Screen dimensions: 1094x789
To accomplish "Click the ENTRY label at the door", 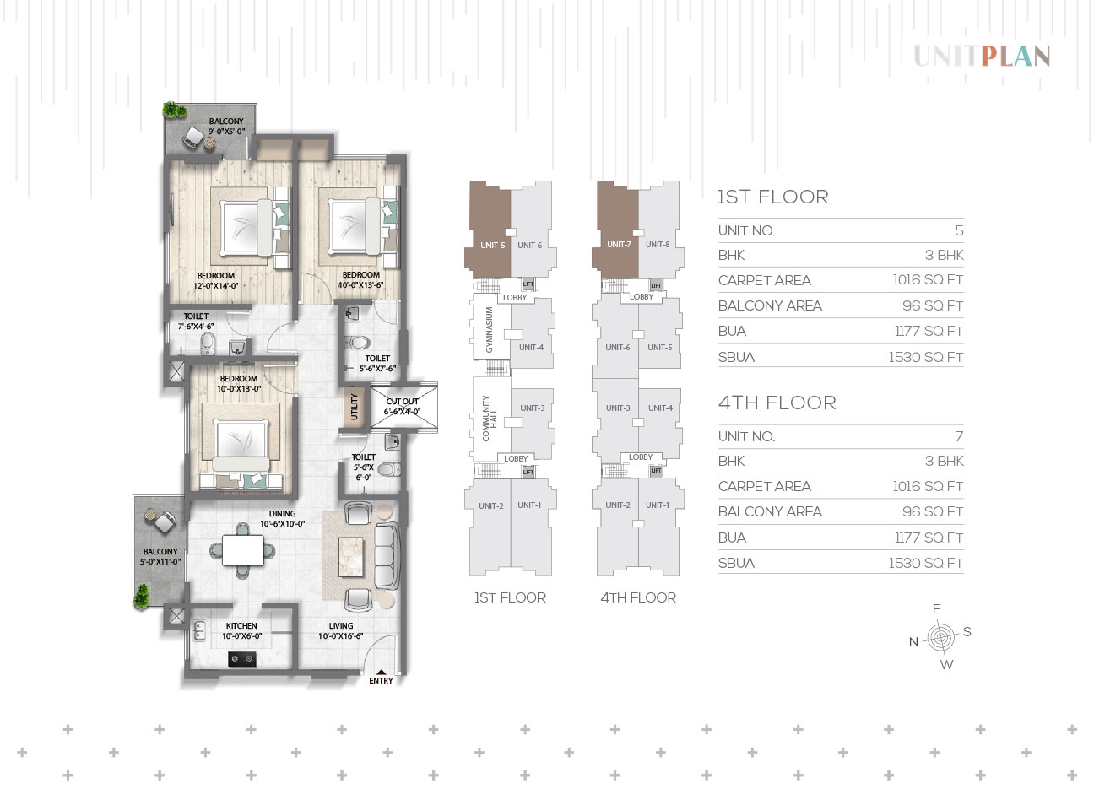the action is pyautogui.click(x=381, y=680).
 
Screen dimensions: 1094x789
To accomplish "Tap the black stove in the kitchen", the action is pyautogui.click(x=241, y=659).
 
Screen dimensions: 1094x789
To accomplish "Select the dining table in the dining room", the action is pyautogui.click(x=243, y=550).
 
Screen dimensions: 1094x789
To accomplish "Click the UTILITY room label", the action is pyautogui.click(x=354, y=406).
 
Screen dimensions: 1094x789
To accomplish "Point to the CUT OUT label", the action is pyautogui.click(x=403, y=406).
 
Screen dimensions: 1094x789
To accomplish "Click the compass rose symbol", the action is pyautogui.click(x=941, y=637).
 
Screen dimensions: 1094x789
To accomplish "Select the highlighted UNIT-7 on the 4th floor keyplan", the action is pyautogui.click(x=615, y=230).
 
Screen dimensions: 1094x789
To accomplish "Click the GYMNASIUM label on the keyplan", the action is pyautogui.click(x=489, y=330).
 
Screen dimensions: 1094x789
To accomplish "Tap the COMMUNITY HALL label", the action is pyautogui.click(x=489, y=419).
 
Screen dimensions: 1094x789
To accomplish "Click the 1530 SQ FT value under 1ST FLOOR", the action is pyautogui.click(x=925, y=357).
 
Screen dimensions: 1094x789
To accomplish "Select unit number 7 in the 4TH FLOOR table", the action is pyautogui.click(x=959, y=436).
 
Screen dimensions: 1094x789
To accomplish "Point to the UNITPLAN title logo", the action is pyautogui.click(x=982, y=57).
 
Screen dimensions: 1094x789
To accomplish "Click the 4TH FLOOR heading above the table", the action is pyautogui.click(x=777, y=403).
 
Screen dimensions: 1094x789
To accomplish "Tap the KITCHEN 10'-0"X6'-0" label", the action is pyautogui.click(x=241, y=631).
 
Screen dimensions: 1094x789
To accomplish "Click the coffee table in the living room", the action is pyautogui.click(x=351, y=557).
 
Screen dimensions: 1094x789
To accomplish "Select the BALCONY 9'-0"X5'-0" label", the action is pyautogui.click(x=226, y=126).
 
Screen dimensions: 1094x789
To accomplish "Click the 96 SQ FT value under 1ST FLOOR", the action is pyautogui.click(x=932, y=305).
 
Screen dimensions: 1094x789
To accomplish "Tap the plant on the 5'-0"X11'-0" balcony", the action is pyautogui.click(x=142, y=597).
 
